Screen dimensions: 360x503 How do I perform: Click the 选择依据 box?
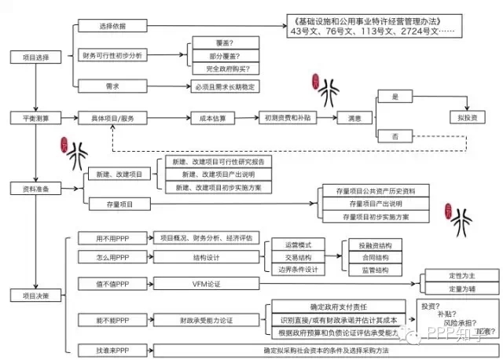tap(112, 26)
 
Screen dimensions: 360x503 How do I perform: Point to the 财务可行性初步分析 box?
tap(112, 56)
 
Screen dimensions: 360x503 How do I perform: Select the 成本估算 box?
tap(212, 118)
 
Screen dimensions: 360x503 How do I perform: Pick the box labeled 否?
tap(395, 137)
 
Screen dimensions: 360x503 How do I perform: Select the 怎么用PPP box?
tap(112, 257)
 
